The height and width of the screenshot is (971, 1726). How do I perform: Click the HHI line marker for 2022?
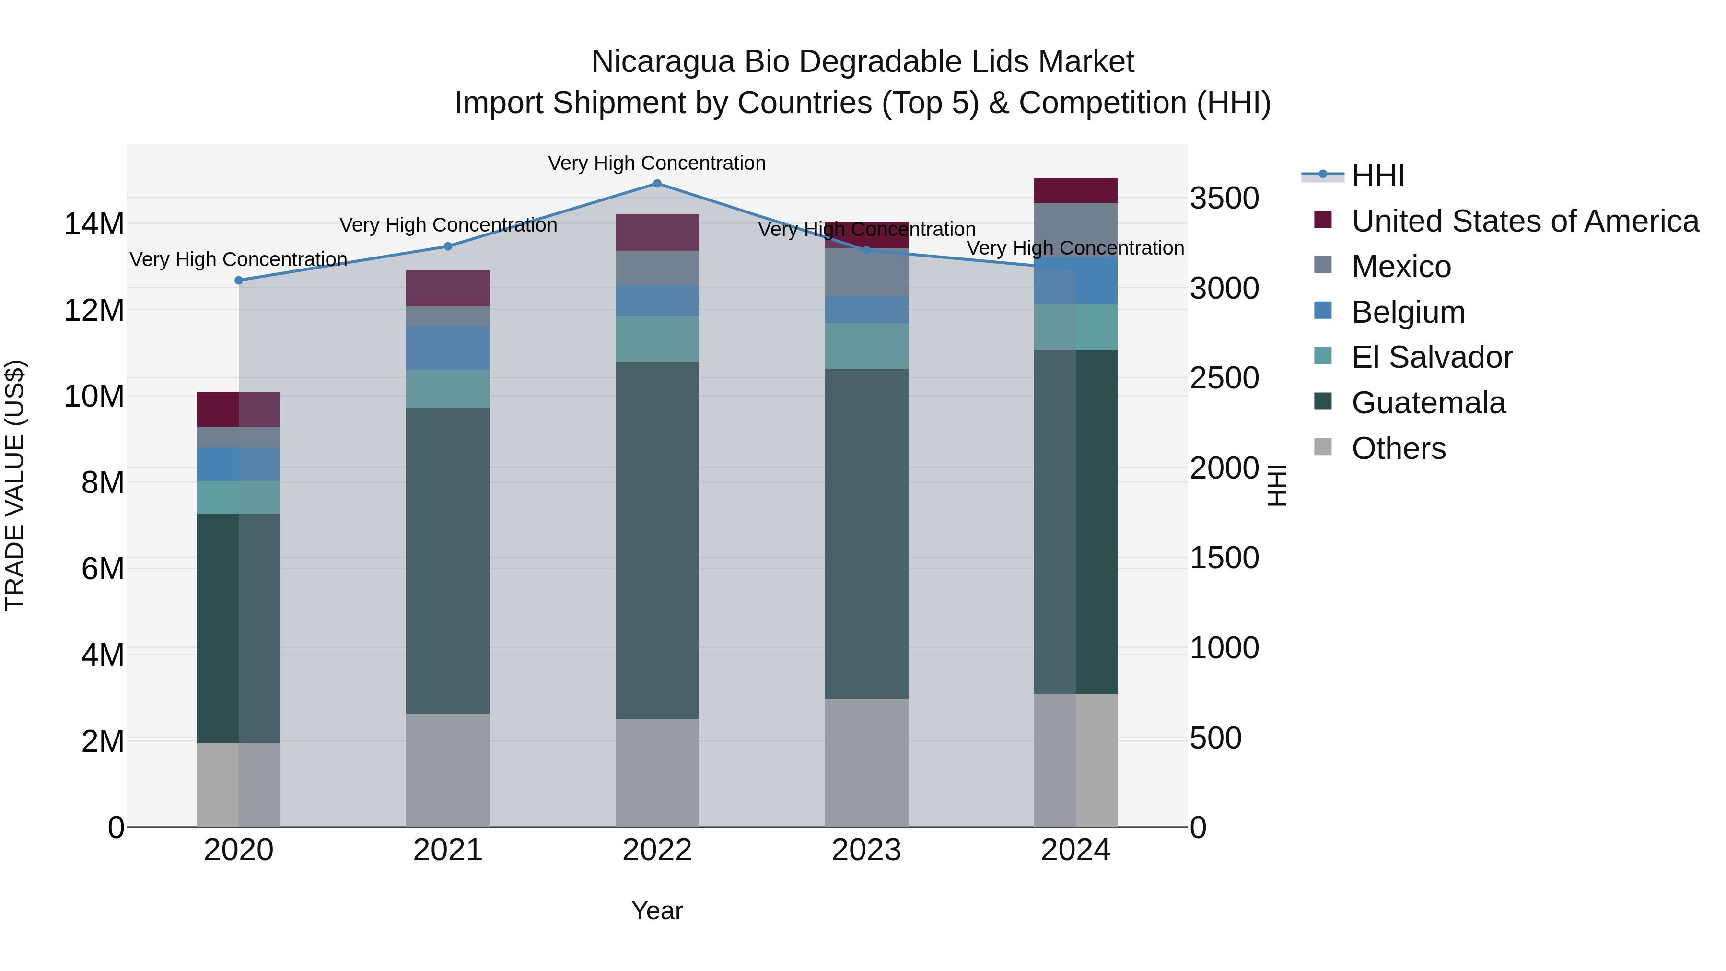[x=657, y=184]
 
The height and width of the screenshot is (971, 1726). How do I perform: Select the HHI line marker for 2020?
[x=239, y=280]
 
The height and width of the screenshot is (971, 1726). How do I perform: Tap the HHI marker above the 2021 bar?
[x=448, y=246]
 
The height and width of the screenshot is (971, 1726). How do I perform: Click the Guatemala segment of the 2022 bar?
[x=657, y=539]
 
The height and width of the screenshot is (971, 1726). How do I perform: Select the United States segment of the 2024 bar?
[x=1075, y=190]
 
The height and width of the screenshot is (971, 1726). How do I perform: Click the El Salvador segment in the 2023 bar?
[x=866, y=346]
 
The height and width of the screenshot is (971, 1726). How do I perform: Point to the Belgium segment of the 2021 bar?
[x=448, y=348]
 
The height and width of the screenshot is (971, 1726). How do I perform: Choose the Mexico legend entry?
[x=1400, y=267]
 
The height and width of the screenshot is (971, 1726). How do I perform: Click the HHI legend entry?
[x=1377, y=175]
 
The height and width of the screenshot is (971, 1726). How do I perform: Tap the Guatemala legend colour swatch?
[x=1323, y=402]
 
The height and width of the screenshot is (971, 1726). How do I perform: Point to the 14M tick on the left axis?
[x=94, y=224]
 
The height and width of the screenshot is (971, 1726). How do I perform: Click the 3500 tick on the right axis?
[x=1224, y=199]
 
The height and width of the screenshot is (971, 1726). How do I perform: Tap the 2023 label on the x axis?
[x=866, y=850]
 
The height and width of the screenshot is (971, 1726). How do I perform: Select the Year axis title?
[x=657, y=911]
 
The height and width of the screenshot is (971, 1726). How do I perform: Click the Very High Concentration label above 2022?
[x=657, y=163]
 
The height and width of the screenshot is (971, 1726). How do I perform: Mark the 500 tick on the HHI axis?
[x=1215, y=738]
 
